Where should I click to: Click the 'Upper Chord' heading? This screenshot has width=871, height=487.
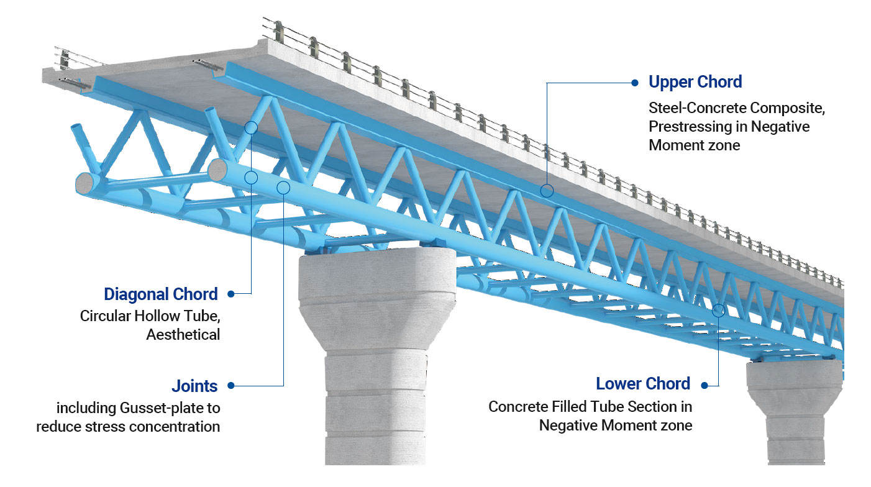point(695,82)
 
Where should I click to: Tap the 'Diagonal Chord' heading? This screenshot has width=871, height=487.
point(161,294)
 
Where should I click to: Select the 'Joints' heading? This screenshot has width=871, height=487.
point(194,386)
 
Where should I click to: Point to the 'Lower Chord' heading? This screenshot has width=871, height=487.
point(643,384)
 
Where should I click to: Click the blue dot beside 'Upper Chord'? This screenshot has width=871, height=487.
point(634,82)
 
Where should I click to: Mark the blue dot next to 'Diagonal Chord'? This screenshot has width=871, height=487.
point(231,294)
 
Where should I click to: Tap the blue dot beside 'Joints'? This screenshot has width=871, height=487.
point(231,386)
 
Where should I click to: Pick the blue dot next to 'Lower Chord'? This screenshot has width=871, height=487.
point(705,385)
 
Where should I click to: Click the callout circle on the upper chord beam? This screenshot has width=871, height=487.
point(547,191)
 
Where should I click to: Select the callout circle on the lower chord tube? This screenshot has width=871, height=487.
point(719,310)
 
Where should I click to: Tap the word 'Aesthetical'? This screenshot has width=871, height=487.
point(183,335)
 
